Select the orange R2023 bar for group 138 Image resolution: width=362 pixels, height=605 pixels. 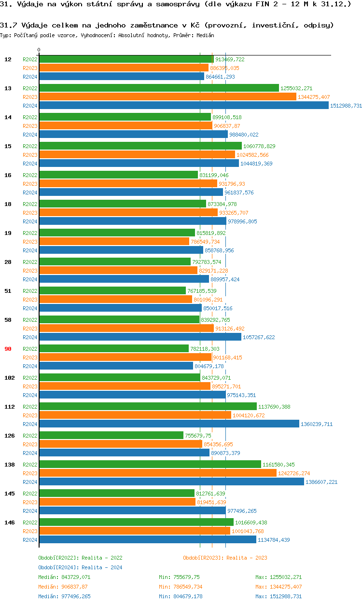point(158,473)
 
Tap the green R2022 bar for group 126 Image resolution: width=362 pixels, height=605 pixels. point(111,436)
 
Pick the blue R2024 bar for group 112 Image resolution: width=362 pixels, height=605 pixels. point(169,424)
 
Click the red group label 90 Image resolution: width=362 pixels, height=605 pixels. point(8,349)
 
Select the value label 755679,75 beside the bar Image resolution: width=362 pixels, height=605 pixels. point(198,436)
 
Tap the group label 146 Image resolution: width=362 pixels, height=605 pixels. point(9,522)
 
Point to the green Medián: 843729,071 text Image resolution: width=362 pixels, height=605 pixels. point(64,577)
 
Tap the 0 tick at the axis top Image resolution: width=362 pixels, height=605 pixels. point(39,50)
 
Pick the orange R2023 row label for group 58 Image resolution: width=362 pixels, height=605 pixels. point(30,329)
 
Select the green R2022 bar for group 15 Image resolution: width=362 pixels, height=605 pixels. point(140,146)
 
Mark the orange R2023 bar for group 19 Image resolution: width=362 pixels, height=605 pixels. point(114,242)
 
